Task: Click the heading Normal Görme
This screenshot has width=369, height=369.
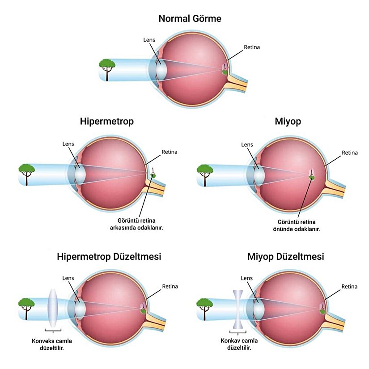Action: coord(190,19)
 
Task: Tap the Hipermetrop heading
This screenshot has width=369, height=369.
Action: coord(107,121)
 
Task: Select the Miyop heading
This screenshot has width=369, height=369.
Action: coord(286,121)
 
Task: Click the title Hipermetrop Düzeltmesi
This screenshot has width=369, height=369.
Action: coord(109,257)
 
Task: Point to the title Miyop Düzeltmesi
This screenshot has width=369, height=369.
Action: coord(286,257)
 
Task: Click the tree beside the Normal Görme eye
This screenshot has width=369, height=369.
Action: coord(107,68)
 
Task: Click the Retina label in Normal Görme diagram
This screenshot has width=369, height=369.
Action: coord(252,47)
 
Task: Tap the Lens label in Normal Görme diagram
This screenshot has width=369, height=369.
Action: coord(149,39)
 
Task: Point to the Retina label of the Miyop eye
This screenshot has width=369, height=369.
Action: coord(349,153)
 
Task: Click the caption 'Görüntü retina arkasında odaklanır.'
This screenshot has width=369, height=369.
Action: coord(136,224)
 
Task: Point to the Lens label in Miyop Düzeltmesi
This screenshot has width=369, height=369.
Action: coord(247,278)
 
